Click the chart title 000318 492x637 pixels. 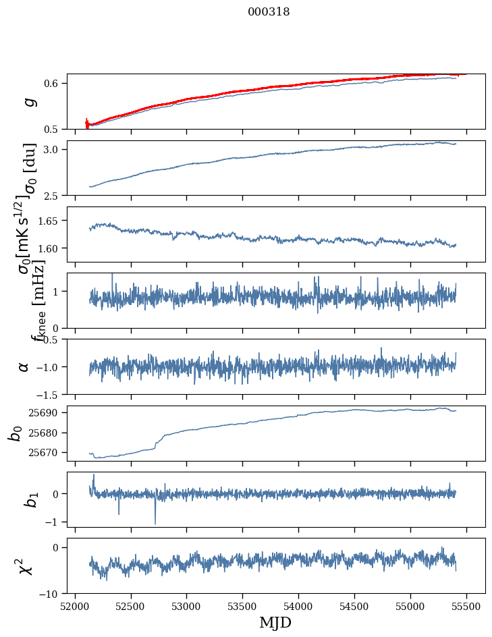269,12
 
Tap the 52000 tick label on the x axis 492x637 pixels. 75,606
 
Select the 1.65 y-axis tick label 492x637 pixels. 49,221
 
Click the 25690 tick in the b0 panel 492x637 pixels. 47,412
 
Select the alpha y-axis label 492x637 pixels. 24,366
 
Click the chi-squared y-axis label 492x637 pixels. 26,565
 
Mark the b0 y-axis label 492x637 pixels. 15,433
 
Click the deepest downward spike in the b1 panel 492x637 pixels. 155,523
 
